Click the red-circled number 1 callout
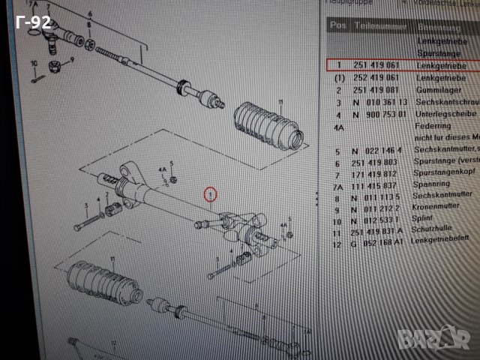(211, 195)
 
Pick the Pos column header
(338, 25)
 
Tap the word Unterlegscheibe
(447, 115)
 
